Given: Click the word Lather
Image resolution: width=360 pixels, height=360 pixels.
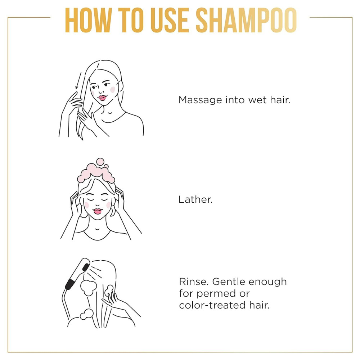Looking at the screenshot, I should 195,199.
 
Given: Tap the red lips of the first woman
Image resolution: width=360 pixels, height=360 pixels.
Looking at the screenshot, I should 102,97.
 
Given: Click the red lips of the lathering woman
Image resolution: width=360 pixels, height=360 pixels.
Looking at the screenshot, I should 98,211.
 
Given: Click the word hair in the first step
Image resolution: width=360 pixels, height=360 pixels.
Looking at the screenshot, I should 280,100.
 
